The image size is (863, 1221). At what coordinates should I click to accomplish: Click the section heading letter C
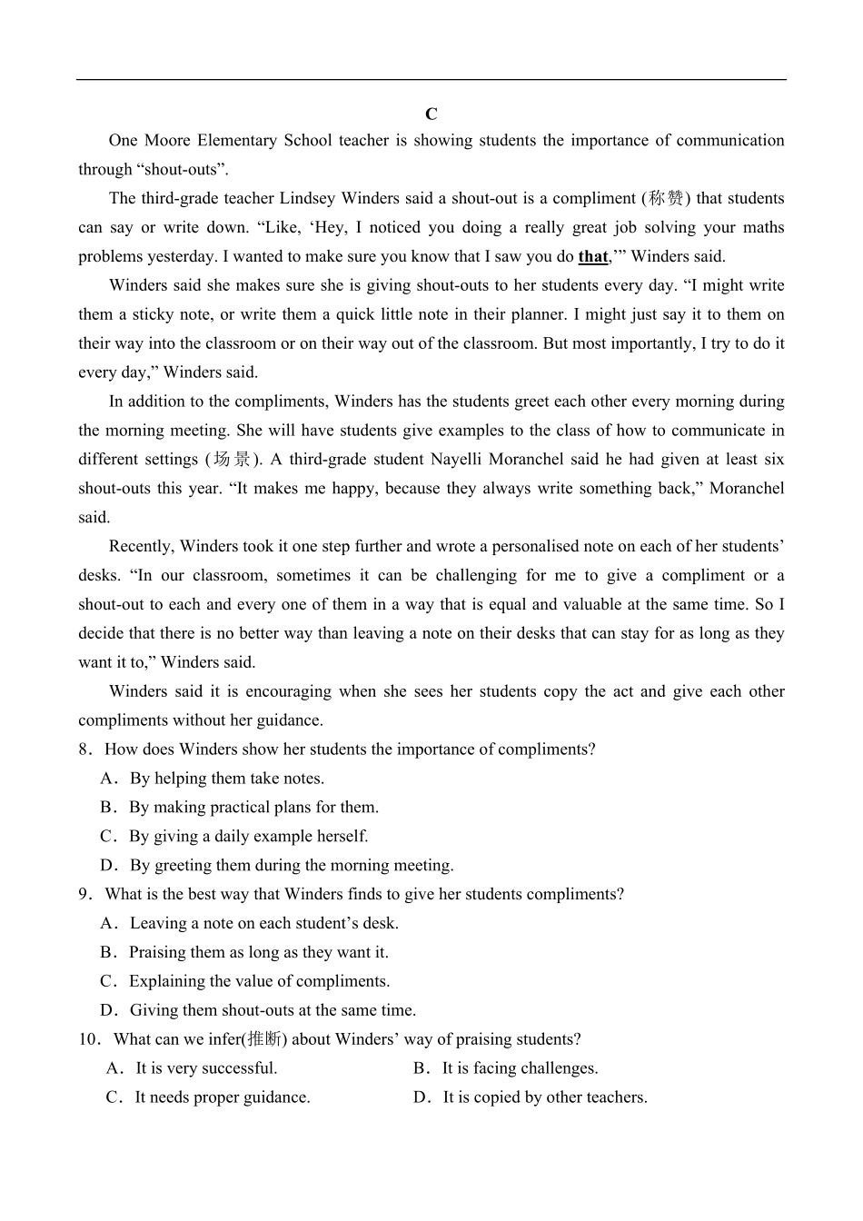pos(431,114)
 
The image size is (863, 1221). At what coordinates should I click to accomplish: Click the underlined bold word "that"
pos(593,257)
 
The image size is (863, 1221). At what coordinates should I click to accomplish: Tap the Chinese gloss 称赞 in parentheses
pos(666,199)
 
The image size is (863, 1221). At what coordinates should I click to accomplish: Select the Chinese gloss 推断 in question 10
pos(264,1039)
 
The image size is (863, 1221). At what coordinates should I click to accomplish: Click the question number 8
pos(84,749)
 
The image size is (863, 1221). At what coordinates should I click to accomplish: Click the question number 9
pos(84,895)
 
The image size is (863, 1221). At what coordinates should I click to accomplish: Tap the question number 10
pos(87,1039)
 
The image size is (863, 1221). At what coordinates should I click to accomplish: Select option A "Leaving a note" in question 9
pos(263,924)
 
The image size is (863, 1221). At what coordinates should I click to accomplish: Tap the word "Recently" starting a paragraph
pos(140,547)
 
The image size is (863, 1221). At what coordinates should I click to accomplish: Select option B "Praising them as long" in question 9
pos(258,953)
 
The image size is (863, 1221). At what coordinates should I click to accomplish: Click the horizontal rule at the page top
pos(431,80)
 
